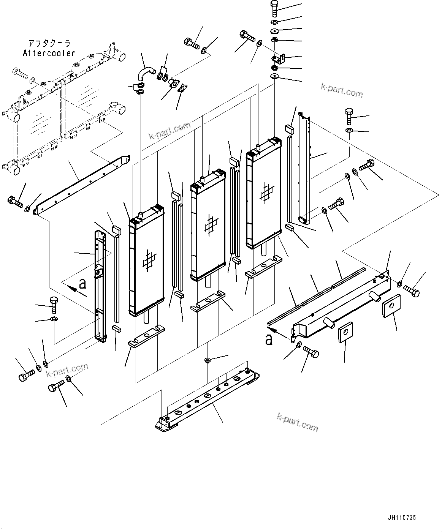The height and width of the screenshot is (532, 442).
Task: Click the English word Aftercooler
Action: pos(49,53)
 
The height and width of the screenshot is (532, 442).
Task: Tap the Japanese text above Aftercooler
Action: pos(49,44)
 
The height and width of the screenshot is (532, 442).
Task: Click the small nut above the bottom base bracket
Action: pos(208,360)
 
